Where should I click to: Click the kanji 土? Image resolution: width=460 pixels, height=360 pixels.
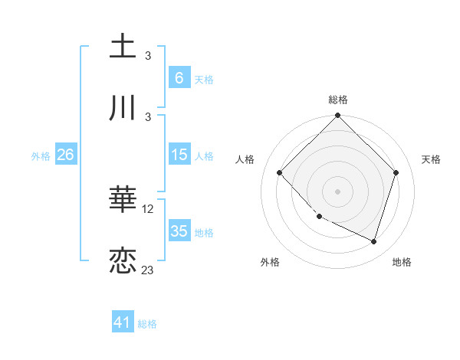(123, 46)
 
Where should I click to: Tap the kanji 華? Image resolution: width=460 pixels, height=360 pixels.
(123, 200)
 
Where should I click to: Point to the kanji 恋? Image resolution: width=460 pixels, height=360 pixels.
(123, 260)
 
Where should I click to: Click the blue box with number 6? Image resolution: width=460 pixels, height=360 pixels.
(179, 77)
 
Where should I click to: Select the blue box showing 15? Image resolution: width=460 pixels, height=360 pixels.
(179, 155)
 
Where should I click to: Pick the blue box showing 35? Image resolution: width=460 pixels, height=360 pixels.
(179, 231)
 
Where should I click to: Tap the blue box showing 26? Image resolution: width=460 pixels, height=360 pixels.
(65, 155)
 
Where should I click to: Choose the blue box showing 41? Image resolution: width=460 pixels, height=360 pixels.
(123, 322)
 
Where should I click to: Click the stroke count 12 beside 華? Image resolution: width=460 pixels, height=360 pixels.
(149, 208)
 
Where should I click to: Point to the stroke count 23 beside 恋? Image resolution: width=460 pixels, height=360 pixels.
(148, 270)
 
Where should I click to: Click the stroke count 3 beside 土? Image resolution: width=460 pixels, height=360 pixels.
(148, 55)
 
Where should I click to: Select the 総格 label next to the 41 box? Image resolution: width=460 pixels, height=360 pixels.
(147, 324)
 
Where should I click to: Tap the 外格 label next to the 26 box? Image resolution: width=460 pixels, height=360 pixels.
(41, 155)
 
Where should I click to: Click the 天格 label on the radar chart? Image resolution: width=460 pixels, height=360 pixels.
(432, 159)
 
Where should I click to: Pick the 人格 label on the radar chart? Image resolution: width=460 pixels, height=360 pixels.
(245, 159)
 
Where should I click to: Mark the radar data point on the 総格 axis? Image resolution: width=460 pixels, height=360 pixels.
(337, 116)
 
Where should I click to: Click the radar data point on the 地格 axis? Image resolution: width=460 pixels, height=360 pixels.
(373, 241)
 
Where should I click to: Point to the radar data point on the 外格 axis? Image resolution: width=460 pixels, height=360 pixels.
(320, 217)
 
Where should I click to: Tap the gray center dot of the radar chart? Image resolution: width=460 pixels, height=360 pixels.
(337, 191)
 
